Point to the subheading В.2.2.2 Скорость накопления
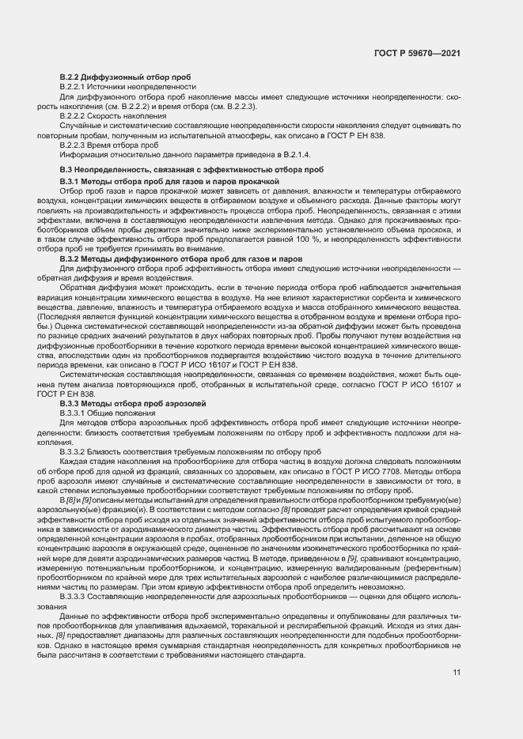coord(119,116)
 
